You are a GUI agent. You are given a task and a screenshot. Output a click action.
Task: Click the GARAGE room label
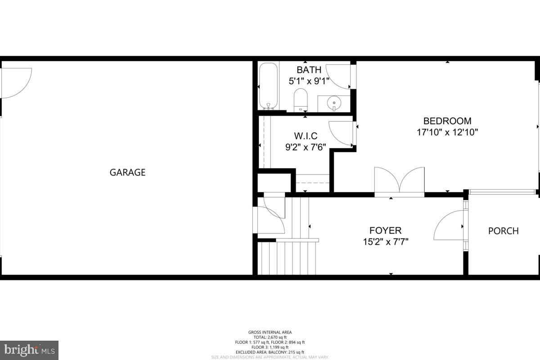[x=127, y=172]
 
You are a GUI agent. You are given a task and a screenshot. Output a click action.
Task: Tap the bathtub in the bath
[x=269, y=86]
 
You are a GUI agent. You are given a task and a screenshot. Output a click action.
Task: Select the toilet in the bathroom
[x=300, y=100]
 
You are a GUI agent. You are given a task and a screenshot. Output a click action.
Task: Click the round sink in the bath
[x=334, y=103]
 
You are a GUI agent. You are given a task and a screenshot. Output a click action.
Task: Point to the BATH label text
[x=309, y=70]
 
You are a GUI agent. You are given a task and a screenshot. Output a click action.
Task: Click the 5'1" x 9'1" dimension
[x=309, y=81]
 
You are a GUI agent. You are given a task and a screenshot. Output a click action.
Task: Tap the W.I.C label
[x=306, y=135]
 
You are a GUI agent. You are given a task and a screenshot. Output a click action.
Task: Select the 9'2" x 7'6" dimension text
[x=306, y=147]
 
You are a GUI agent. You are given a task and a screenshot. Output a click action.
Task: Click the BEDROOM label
[x=447, y=121]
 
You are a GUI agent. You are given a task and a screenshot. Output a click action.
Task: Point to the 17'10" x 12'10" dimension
[x=447, y=133]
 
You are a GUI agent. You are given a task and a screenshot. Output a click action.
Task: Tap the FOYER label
[x=385, y=230]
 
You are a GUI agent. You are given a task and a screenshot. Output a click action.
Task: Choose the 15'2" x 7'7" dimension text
[x=386, y=242]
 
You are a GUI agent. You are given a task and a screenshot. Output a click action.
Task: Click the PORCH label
[x=503, y=231]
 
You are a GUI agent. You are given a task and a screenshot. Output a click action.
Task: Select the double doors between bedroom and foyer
[x=400, y=181]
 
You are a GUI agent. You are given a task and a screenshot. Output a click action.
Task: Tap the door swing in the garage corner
[x=16, y=82]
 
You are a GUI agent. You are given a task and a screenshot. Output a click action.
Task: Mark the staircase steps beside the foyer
[x=288, y=256]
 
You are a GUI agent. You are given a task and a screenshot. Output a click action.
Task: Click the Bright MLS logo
[x=29, y=350]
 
